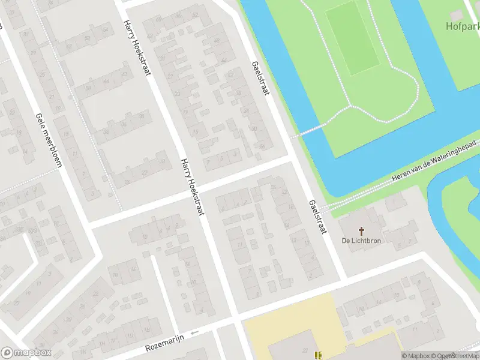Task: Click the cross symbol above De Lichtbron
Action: click(x=362, y=230)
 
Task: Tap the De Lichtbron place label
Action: click(x=362, y=241)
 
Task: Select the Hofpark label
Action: click(x=463, y=26)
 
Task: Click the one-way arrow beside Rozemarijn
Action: click(x=194, y=332)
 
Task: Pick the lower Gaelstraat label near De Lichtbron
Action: click(x=316, y=217)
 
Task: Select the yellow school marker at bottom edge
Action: click(x=318, y=355)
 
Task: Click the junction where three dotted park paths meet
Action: click(x=350, y=107)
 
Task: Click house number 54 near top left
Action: click(x=106, y=29)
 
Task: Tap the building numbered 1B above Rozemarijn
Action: click(x=146, y=329)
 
